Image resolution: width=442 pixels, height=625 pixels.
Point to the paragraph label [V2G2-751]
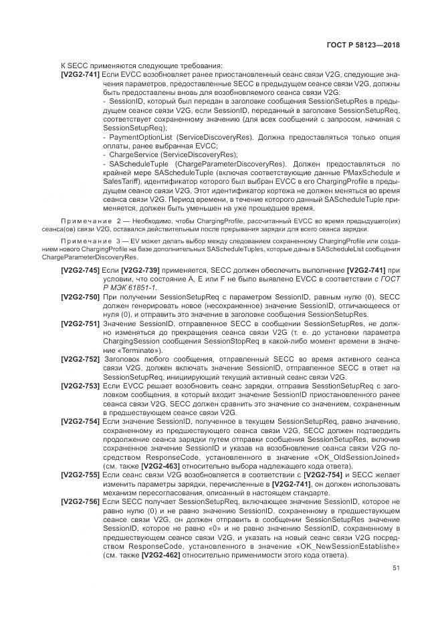(80, 324)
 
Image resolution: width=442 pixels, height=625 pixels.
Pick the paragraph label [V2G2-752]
(80, 360)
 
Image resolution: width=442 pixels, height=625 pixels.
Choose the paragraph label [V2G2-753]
(80, 386)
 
